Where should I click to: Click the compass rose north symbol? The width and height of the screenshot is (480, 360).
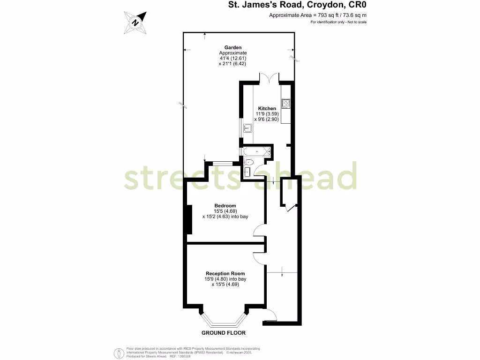coord(135,22)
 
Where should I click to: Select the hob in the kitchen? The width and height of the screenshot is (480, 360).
coord(285,103)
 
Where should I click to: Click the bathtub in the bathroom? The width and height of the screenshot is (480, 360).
coord(257,151)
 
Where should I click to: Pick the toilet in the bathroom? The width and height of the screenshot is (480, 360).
coord(249,162)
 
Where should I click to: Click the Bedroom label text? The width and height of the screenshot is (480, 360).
coord(225,206)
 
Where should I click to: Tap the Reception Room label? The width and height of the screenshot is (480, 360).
coord(225,273)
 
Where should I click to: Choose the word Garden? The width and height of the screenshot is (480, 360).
coord(232,47)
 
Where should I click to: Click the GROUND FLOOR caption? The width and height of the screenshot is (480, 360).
coord(223,333)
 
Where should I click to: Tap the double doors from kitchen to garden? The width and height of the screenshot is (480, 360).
coord(269,78)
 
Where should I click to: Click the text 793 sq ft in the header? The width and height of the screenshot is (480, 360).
coord(319,15)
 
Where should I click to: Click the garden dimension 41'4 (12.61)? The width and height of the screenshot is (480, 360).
coord(232,58)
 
